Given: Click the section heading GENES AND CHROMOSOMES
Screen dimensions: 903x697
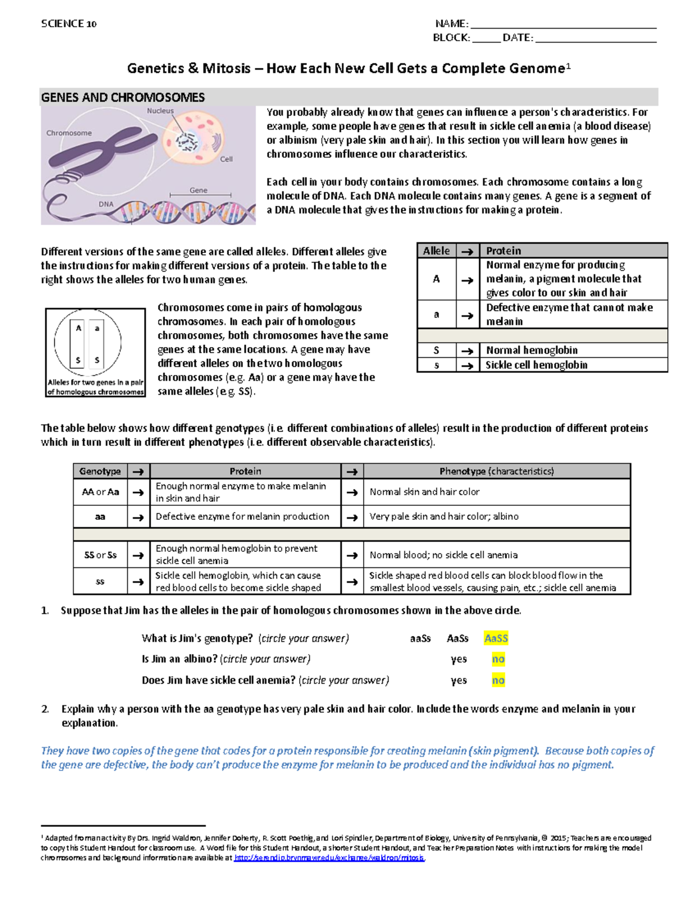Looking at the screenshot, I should point(123,98).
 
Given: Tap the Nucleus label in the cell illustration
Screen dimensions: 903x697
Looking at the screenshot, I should point(160,110).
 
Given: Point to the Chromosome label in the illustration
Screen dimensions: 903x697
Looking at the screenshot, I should point(69,133).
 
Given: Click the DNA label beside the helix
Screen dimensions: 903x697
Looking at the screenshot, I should point(106,204).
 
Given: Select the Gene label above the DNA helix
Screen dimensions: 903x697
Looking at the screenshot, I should point(198,190).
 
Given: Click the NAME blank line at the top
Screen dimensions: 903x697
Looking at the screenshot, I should point(563,24).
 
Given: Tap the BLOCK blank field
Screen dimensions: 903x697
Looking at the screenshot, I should point(486,38).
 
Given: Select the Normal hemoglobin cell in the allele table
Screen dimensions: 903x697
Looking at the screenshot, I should point(531,350).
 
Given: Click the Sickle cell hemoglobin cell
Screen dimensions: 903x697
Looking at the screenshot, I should point(536,365).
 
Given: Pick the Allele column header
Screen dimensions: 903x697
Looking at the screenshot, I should point(436,251).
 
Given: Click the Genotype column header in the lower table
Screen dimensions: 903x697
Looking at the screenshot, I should point(100,472).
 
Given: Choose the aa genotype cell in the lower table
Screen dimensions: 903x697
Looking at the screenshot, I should point(100,516).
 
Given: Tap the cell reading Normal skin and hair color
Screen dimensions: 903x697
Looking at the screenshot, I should point(424,492).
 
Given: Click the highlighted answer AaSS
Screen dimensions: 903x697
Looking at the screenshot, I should point(495,638).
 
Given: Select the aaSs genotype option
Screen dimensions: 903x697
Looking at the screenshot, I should point(420,638).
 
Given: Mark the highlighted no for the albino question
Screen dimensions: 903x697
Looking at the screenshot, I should point(498,659).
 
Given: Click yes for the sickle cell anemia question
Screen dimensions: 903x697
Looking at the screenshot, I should point(458,680).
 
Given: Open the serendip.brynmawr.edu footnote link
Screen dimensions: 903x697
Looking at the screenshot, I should point(329,858).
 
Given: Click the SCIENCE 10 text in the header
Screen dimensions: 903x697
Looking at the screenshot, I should point(69,24).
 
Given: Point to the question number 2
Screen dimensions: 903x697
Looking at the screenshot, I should point(45,709).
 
